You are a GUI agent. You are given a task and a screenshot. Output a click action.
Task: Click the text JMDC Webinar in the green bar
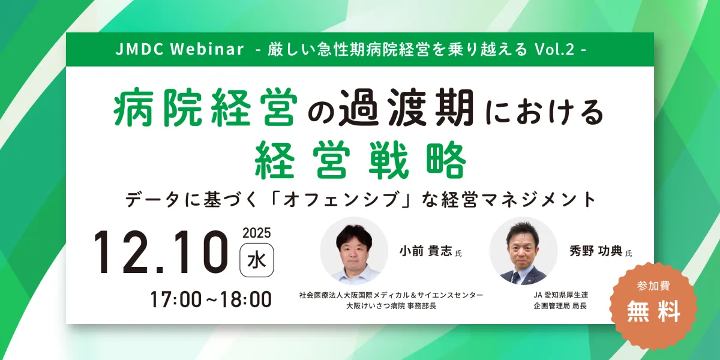point(179,49)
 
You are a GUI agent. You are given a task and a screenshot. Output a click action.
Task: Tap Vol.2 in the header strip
point(554,49)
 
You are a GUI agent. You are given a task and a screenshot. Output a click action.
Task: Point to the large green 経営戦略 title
point(360,160)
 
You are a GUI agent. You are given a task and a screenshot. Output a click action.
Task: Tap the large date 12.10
point(161,253)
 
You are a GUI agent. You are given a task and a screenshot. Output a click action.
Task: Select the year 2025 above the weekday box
point(257,233)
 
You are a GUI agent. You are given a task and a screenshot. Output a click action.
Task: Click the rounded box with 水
point(257,260)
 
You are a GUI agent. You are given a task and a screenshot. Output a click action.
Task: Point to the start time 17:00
point(175,299)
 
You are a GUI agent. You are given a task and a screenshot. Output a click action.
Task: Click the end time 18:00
point(246,299)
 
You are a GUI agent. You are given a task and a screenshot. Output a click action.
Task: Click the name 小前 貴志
point(426,251)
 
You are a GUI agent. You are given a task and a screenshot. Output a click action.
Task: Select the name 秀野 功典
point(596,251)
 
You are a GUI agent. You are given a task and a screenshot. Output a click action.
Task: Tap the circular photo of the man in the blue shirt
point(354,251)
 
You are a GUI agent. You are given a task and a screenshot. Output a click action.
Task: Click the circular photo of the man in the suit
point(523,251)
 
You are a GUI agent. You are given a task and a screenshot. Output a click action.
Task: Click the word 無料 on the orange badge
point(653,311)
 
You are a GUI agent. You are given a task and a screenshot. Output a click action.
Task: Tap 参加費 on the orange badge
point(653,286)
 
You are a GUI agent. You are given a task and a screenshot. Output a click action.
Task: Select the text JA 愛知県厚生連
point(561,295)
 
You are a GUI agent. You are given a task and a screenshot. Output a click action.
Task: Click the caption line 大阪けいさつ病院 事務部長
point(391,306)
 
